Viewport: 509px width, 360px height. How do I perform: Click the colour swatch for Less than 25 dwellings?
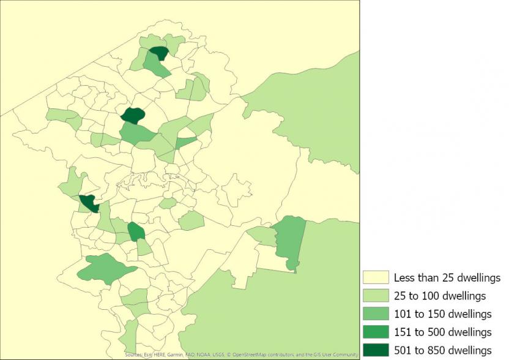(x=374, y=278)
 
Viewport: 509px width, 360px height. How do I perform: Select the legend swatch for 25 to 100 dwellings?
(x=374, y=296)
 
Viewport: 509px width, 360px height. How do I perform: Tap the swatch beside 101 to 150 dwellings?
(x=374, y=314)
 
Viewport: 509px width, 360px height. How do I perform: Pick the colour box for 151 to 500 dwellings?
(x=374, y=332)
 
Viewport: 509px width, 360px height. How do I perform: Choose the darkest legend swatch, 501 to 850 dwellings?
(x=374, y=350)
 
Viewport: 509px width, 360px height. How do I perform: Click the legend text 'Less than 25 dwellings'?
(x=447, y=278)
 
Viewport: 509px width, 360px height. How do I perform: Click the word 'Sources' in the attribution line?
(x=133, y=354)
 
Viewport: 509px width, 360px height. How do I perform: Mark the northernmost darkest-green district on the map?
(x=159, y=53)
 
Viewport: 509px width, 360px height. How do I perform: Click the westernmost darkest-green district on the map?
(x=89, y=203)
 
